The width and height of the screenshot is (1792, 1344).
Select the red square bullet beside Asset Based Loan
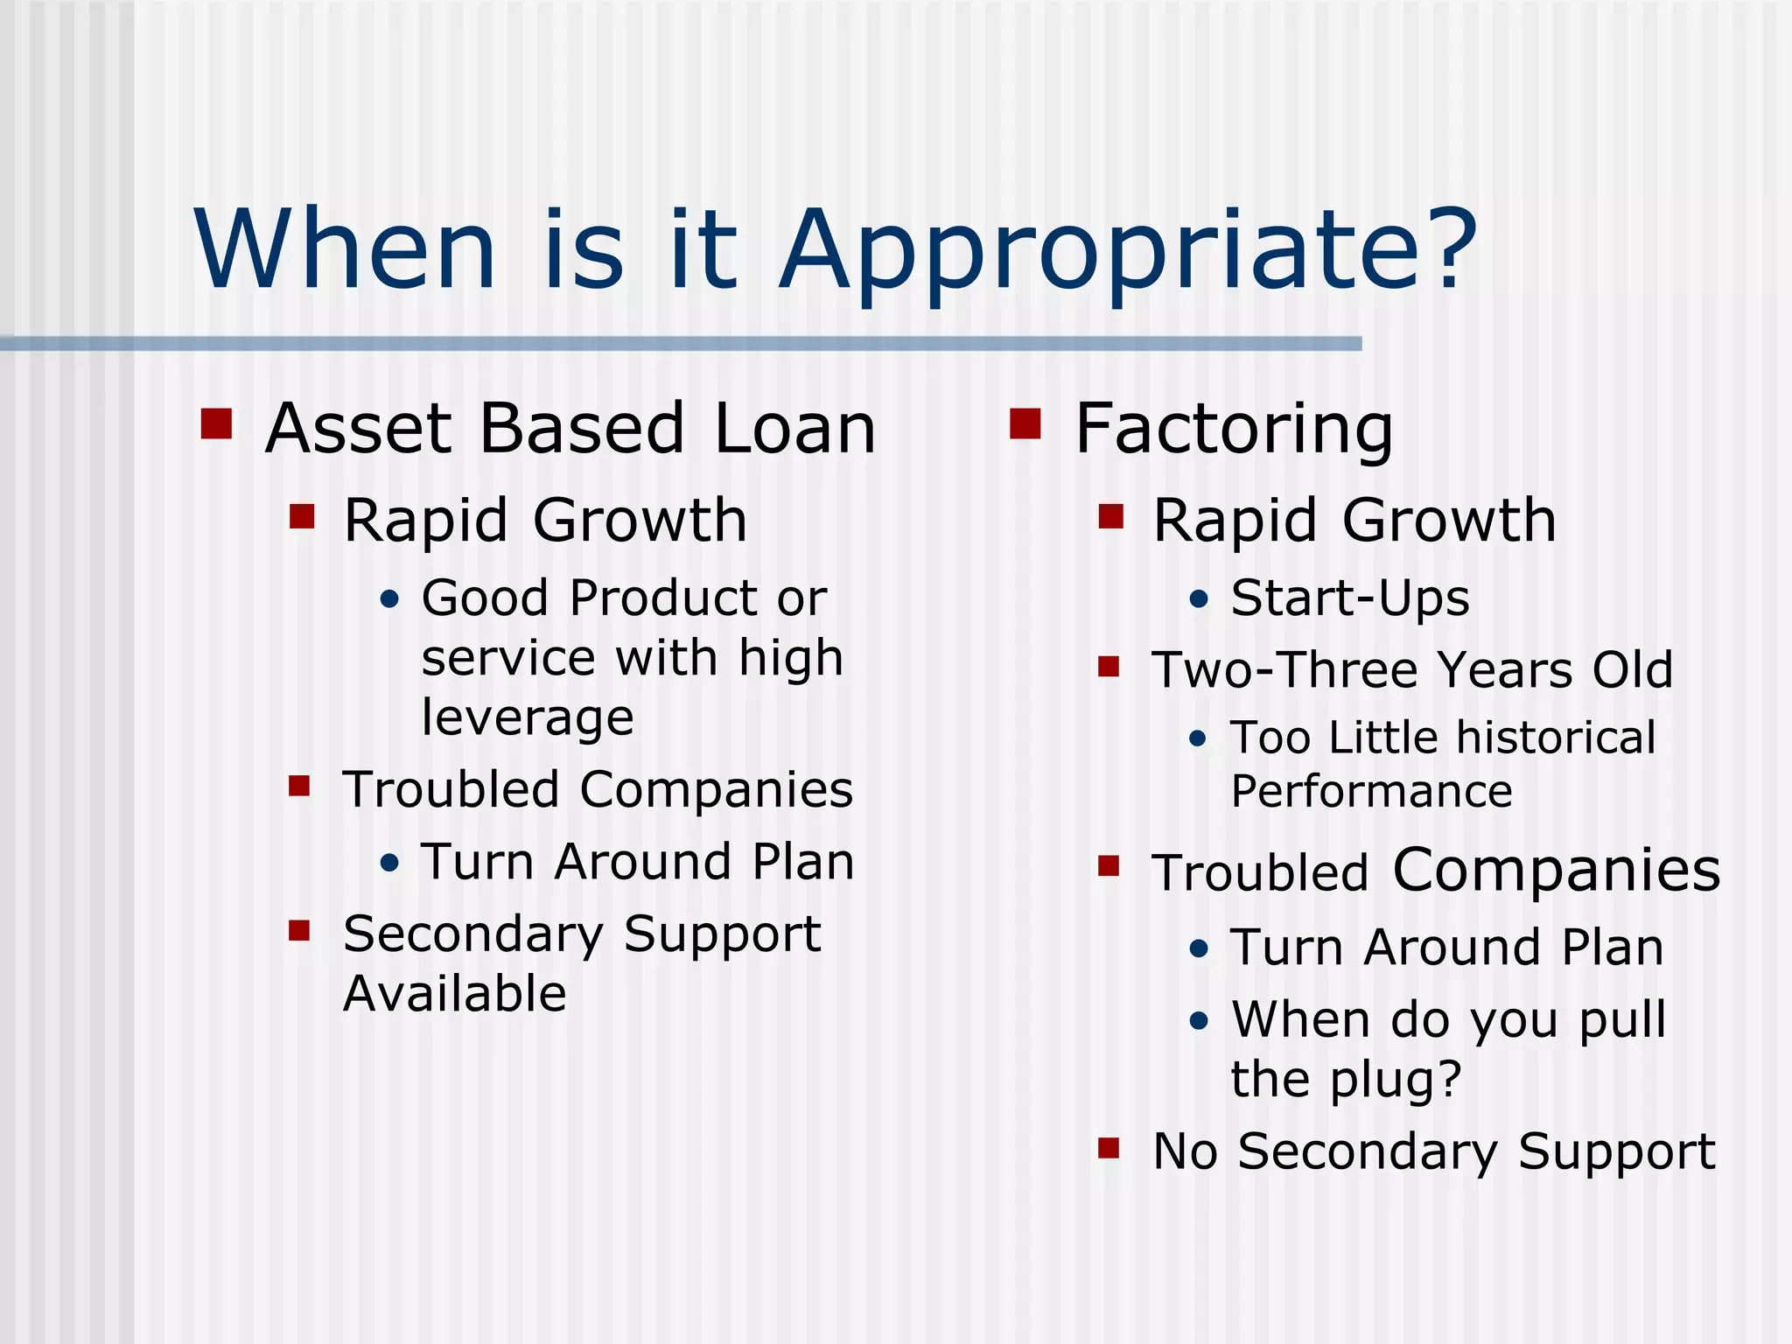click(x=216, y=423)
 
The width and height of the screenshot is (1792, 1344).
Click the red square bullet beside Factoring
click(x=1025, y=423)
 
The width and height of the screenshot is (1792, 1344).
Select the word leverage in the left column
click(x=527, y=719)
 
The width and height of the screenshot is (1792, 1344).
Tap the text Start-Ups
click(x=1349, y=599)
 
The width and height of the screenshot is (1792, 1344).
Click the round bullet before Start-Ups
click(x=1199, y=600)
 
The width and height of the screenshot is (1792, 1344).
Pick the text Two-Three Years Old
click(x=1411, y=670)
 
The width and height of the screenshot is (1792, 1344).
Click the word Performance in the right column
click(x=1371, y=792)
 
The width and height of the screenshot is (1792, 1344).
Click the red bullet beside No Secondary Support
click(x=1109, y=1147)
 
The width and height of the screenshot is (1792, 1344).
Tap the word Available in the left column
click(x=454, y=994)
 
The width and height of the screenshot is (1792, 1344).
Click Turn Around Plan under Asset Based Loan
click(x=637, y=862)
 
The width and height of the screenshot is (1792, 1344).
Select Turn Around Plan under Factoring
click(x=1446, y=948)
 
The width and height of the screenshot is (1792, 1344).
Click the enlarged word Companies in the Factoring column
click(x=1556, y=871)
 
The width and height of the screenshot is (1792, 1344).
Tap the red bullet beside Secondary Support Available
click(x=300, y=930)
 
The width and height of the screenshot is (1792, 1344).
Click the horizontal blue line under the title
click(x=681, y=344)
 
